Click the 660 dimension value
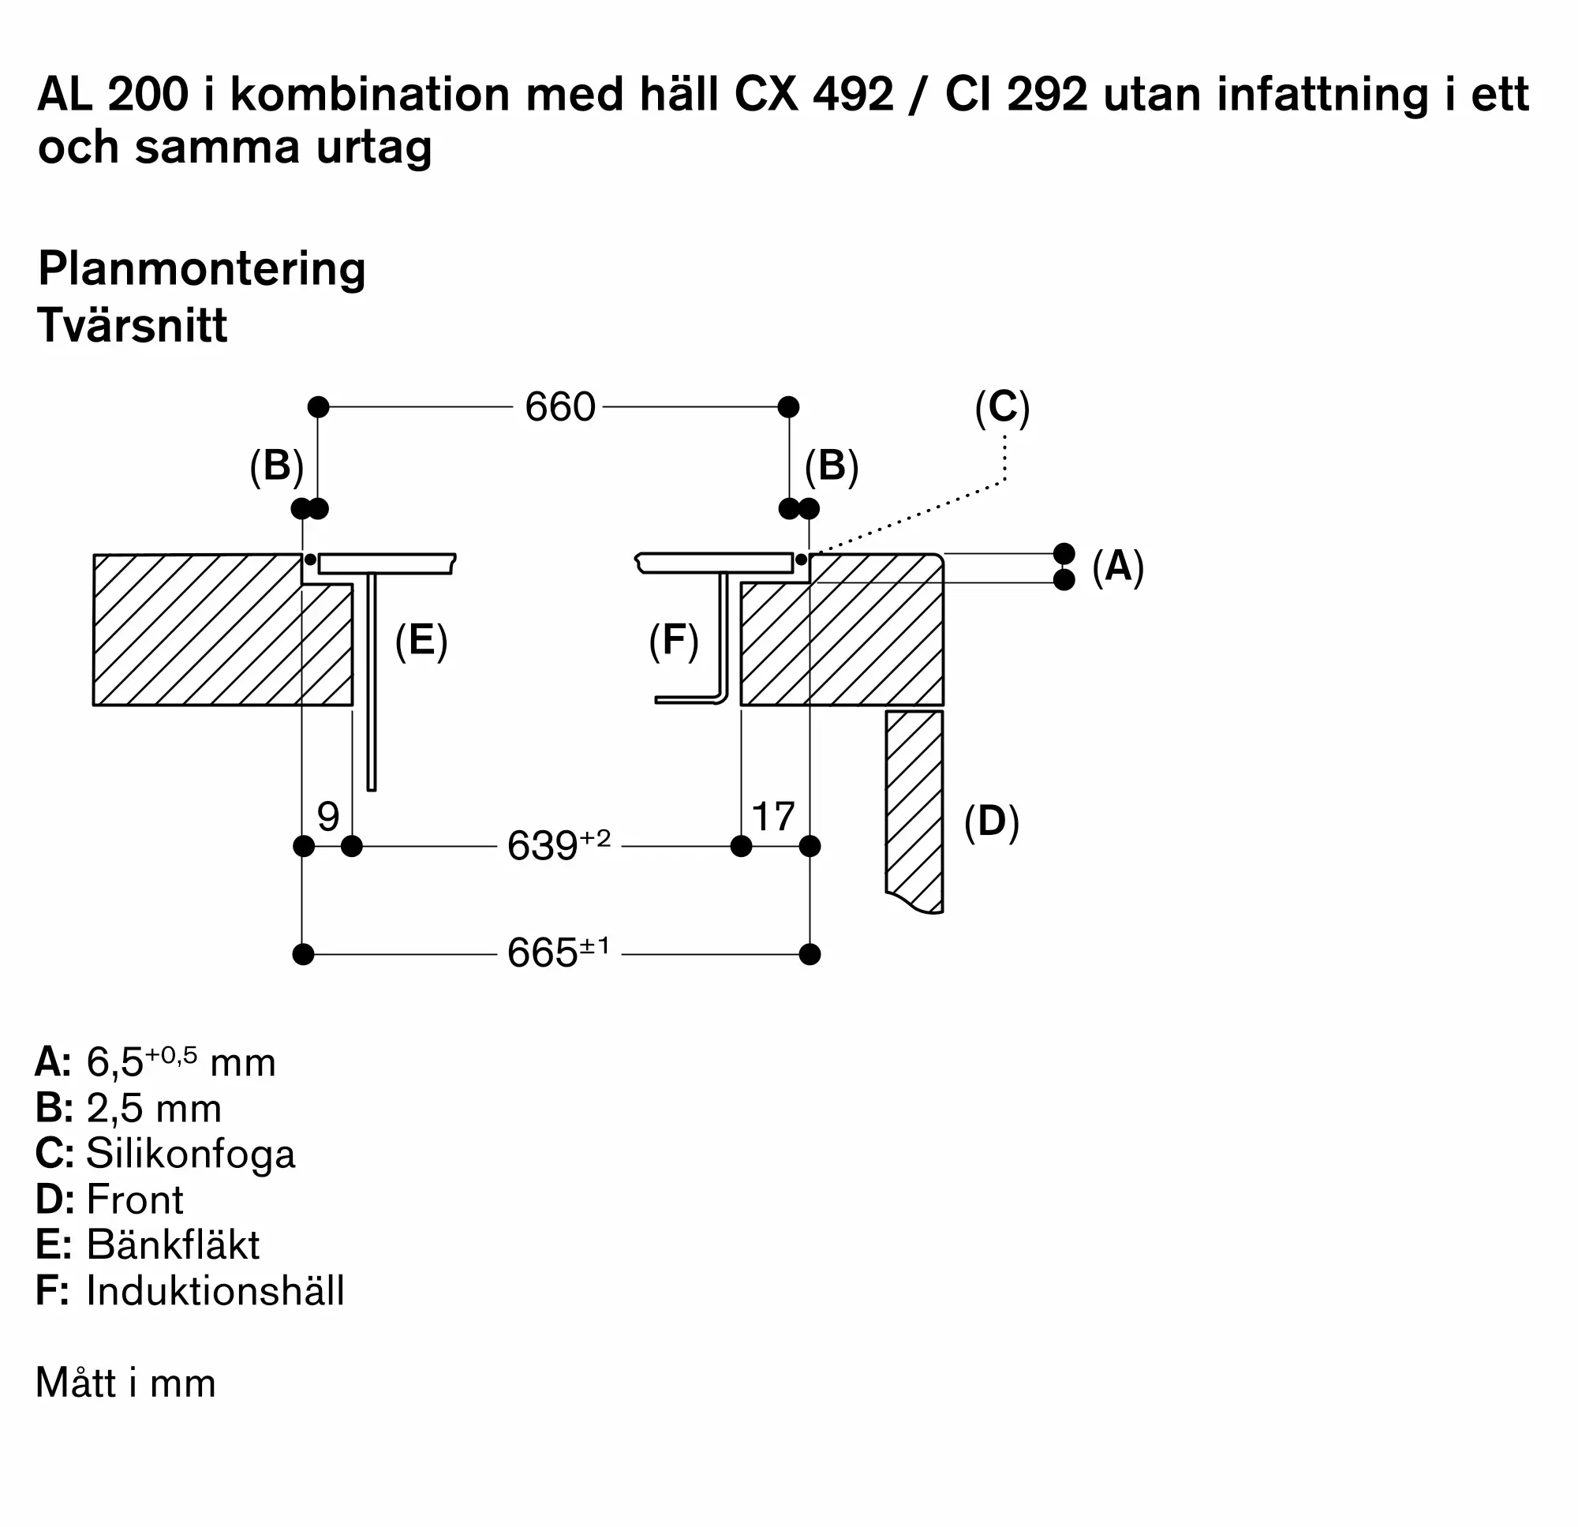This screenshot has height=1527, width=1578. point(559,406)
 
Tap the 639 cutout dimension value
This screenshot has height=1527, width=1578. point(559,846)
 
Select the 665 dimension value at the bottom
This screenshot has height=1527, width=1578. point(559,953)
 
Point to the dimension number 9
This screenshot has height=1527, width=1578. point(327,817)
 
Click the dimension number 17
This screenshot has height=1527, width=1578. point(773,817)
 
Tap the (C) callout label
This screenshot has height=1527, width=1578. point(1002,407)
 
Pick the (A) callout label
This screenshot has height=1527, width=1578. point(1118,566)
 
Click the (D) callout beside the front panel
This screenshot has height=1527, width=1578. point(992,822)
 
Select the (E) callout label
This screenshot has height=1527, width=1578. point(421,642)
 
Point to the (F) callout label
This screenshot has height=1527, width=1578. point(674,642)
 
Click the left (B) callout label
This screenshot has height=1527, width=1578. point(277,466)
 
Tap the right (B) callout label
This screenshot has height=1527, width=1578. point(832,466)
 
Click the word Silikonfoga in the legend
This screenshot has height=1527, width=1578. point(191,1153)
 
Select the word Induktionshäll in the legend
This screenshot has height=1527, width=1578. point(215,1290)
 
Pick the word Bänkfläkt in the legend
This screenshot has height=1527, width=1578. point(173,1244)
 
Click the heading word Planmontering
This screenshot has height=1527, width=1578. point(202,270)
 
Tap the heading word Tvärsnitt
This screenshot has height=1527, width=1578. point(133,325)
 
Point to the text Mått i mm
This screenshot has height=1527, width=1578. point(125,1382)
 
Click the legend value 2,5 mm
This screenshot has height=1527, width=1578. point(154,1108)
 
